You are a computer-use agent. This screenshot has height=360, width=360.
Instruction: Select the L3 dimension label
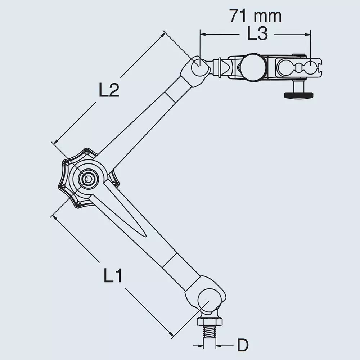point(257,34)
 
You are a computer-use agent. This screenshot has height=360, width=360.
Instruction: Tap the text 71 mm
point(255,16)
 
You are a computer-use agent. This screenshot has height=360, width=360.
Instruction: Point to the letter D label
point(243,346)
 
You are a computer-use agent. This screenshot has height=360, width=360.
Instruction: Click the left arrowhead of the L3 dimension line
point(202,35)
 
